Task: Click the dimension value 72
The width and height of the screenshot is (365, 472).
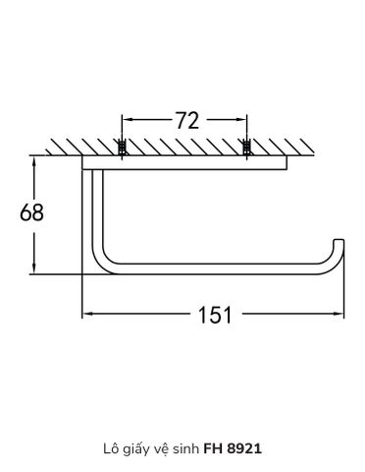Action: (187, 120)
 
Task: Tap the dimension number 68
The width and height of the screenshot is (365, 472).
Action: (31, 212)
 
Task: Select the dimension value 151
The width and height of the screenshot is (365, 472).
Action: (215, 315)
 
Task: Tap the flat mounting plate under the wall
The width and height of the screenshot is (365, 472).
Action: (184, 163)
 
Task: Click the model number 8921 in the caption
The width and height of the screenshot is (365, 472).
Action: (244, 448)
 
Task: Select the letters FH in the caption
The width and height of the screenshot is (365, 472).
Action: (214, 448)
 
